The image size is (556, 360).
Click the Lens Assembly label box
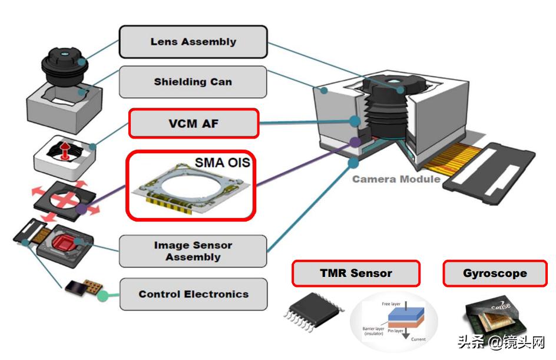click(193, 42)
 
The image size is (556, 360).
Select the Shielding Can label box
click(193, 82)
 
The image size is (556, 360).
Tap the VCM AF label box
click(194, 124)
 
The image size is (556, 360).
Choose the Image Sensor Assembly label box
click(193, 251)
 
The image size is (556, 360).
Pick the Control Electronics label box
click(193, 294)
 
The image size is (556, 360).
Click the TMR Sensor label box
click(356, 273)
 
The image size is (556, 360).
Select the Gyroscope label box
click(495, 273)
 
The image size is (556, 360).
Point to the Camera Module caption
click(396, 179)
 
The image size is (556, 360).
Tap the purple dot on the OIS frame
click(81, 209)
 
